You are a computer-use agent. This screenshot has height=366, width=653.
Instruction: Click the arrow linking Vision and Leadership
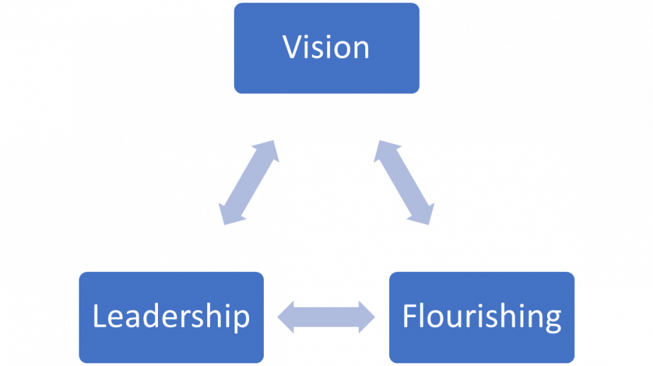point(248,182)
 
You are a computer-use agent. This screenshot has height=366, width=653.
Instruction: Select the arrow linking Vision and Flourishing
point(404,182)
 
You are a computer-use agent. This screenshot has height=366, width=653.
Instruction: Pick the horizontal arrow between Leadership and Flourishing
point(326,316)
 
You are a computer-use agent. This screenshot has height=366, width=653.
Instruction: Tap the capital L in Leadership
point(99,316)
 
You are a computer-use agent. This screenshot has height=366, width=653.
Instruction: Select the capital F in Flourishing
point(410,316)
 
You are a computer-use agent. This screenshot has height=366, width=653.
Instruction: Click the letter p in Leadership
point(241,319)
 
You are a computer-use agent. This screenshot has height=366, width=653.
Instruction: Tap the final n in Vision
point(360,49)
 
